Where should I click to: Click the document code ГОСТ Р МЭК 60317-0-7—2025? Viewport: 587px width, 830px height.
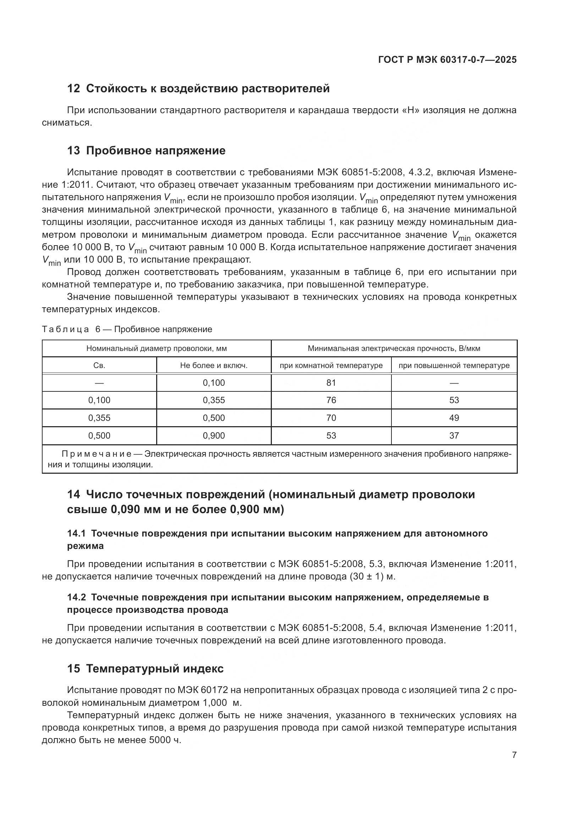[447, 60]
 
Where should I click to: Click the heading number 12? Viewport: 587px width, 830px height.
[73, 89]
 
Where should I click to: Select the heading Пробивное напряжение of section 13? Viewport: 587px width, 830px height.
[156, 151]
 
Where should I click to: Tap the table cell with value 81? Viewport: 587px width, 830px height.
[331, 383]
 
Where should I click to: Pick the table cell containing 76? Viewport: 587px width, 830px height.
[331, 400]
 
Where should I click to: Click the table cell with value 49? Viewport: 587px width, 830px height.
[454, 418]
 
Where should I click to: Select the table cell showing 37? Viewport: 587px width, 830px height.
[454, 436]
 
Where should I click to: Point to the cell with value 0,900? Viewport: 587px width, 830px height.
[214, 436]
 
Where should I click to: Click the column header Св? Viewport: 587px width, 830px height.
[99, 365]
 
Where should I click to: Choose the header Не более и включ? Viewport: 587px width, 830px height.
[214, 365]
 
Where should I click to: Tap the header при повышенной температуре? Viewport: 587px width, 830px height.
[454, 365]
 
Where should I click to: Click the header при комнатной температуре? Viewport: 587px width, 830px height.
[331, 365]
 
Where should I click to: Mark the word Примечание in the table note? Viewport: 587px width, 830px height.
[97, 454]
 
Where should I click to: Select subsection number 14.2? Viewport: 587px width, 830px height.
[76, 598]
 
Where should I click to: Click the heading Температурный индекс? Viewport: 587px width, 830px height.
[155, 669]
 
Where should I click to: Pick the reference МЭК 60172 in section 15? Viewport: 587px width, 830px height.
[202, 690]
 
